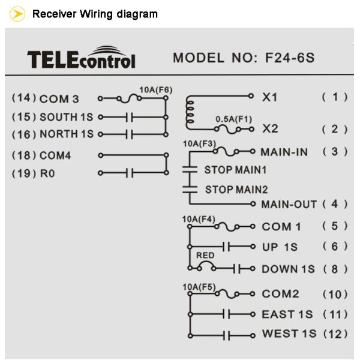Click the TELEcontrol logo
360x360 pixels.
[x=81, y=58]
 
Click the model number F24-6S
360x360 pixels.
[x=289, y=58]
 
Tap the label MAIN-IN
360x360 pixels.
[x=284, y=152]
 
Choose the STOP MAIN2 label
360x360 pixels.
[x=236, y=189]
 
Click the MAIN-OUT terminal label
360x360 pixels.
[x=289, y=204]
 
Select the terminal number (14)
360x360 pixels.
[x=23, y=98]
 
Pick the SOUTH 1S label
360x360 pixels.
[x=67, y=117]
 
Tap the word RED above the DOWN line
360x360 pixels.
[x=206, y=255]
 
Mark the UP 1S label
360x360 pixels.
[x=280, y=247]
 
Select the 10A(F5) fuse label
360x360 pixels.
[x=199, y=287]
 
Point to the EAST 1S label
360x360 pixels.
[x=287, y=314]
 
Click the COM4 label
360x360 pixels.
[x=55, y=155]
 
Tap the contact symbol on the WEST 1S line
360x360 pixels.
[x=227, y=334]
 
